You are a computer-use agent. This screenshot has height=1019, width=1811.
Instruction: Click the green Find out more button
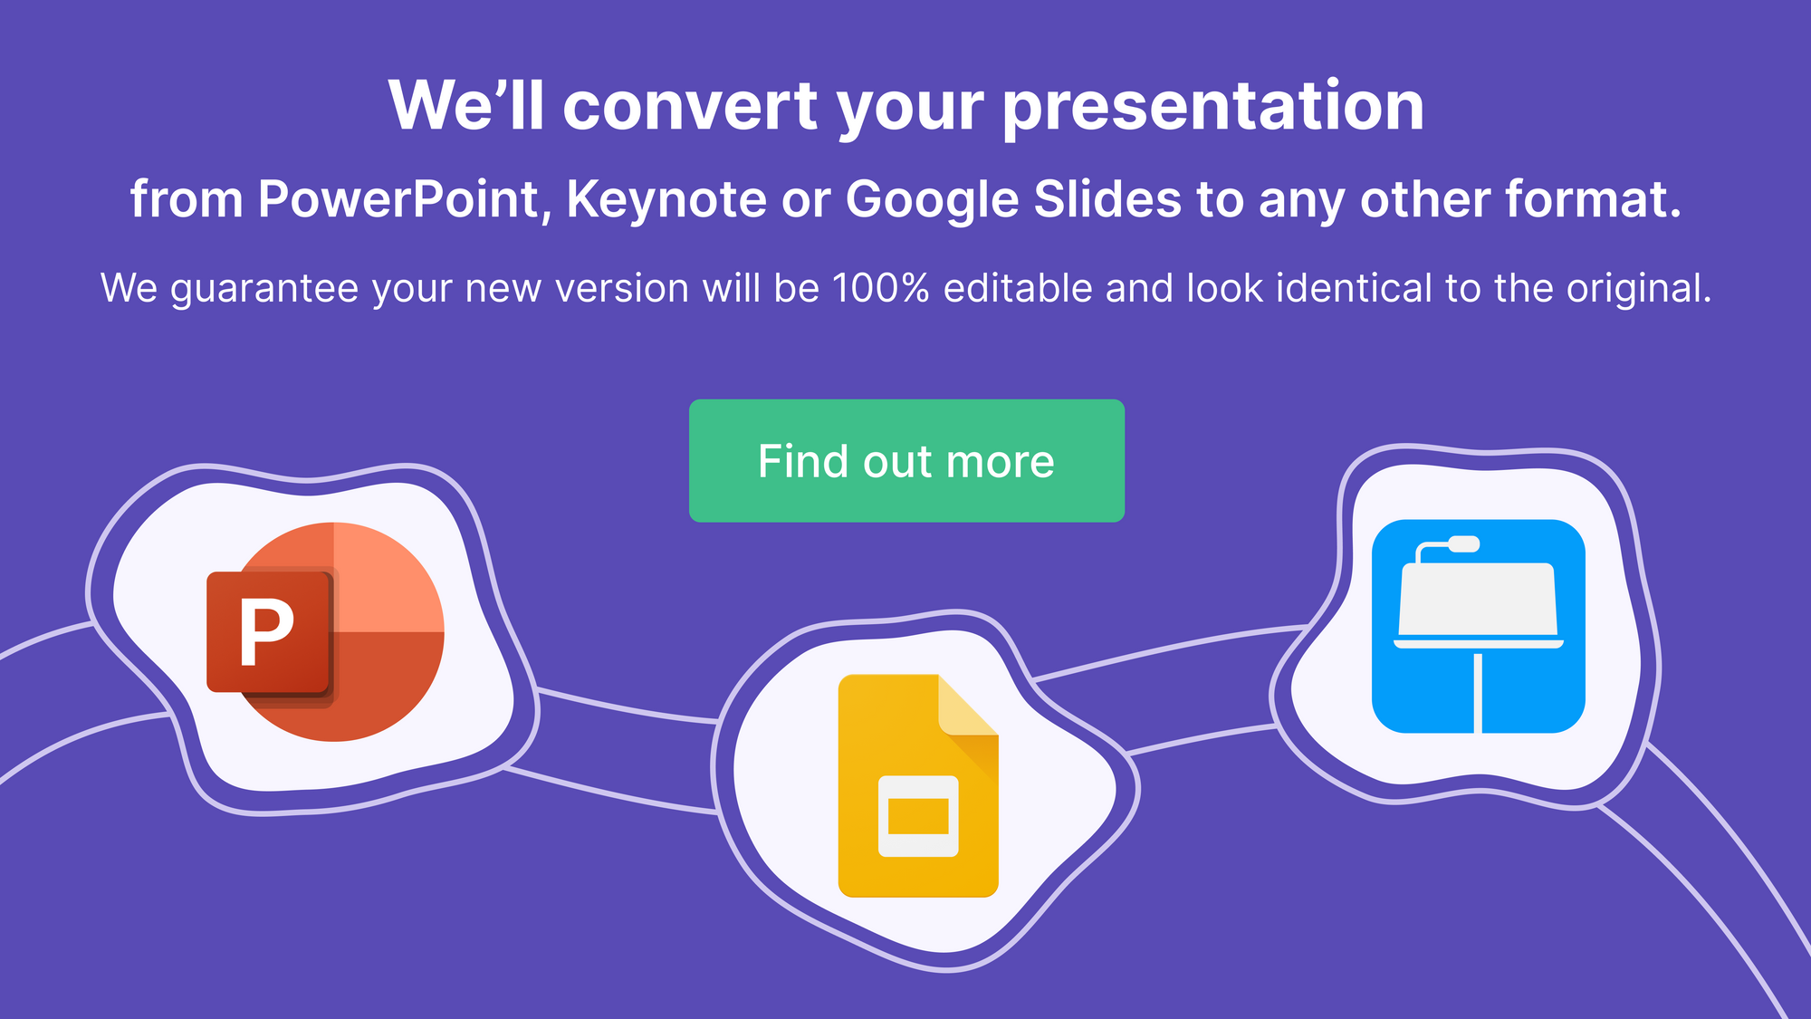click(x=906, y=460)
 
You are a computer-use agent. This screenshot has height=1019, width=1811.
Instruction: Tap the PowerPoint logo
click(x=326, y=631)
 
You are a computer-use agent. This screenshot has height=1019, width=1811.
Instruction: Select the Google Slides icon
click(x=918, y=785)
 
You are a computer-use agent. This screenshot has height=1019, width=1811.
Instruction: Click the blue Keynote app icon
click(x=1479, y=626)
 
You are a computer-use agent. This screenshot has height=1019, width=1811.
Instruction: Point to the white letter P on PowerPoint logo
click(x=266, y=633)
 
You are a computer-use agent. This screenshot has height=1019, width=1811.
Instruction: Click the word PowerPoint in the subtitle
click(x=399, y=199)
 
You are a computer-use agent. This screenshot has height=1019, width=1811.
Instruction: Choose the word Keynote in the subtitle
click(x=666, y=199)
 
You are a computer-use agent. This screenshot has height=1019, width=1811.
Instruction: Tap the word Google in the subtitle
click(x=932, y=200)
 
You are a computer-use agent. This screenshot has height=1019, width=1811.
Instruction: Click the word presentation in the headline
click(x=1212, y=107)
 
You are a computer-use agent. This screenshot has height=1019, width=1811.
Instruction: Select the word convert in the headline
click(x=691, y=107)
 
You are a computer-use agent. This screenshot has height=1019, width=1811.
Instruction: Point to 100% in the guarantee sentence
click(x=881, y=288)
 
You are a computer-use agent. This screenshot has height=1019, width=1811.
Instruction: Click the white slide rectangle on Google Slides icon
click(x=918, y=816)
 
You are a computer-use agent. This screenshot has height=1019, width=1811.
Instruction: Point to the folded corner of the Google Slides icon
click(x=968, y=706)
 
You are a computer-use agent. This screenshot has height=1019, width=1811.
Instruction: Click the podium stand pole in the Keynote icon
click(x=1479, y=693)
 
